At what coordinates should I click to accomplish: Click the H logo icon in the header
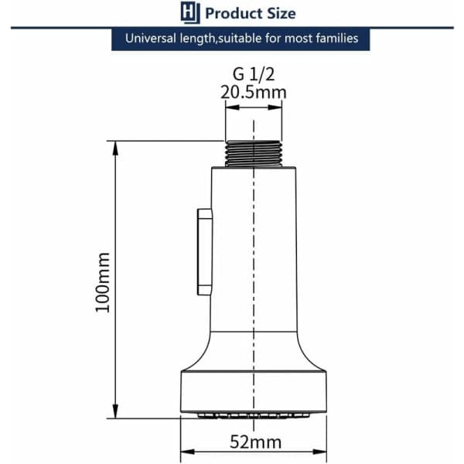pos(190,12)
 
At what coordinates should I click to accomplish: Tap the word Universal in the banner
pos(151,39)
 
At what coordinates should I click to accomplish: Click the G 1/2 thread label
pos(254,74)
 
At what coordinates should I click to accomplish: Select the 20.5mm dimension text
pos(254,92)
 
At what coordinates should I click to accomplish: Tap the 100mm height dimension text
pos(103,282)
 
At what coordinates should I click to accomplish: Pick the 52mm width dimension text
pos(256,442)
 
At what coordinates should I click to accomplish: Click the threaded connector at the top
pos(254,154)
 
